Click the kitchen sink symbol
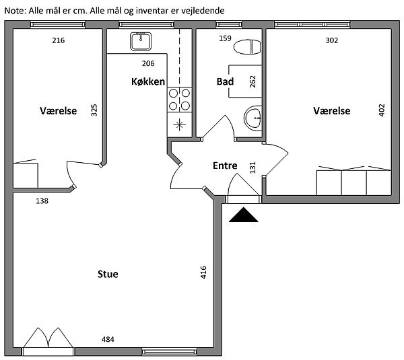tap(141, 42)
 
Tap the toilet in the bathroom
tap(247, 47)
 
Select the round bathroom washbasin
tap(253, 118)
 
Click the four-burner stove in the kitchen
tap(179, 100)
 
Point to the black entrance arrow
tap(244, 215)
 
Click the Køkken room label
tap(148, 81)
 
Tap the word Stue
tap(108, 274)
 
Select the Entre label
tap(225, 166)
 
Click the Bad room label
tap(225, 81)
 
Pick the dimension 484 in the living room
tap(108, 339)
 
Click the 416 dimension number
tap(203, 273)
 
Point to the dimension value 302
tap(331, 40)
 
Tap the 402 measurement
tap(382, 110)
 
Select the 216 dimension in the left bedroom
tap(59, 40)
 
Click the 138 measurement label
tap(42, 201)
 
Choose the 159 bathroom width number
tap(225, 38)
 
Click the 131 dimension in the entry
tap(252, 168)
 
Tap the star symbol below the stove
tap(179, 125)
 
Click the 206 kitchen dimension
tap(148, 63)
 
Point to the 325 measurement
tap(94, 110)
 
